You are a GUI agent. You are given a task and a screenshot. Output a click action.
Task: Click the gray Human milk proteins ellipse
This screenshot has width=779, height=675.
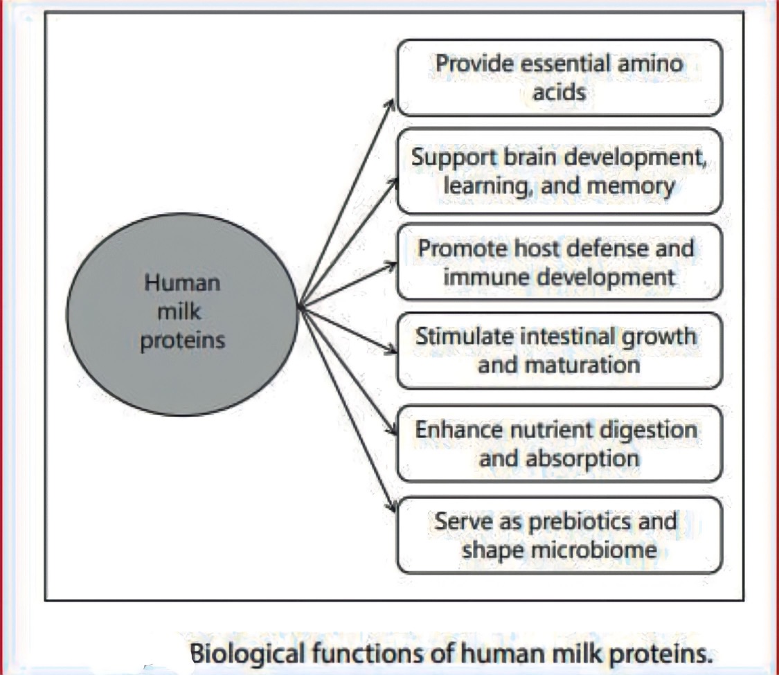[182, 314]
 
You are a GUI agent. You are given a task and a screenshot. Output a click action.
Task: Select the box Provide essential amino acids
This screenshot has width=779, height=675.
[559, 78]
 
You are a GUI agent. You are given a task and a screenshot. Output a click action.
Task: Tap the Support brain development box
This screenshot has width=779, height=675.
[559, 172]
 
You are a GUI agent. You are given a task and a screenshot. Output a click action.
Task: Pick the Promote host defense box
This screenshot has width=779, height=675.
[559, 262]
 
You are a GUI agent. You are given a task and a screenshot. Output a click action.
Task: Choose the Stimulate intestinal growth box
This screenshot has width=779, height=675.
[559, 351]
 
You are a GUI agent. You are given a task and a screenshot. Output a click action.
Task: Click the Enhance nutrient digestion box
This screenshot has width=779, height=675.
[559, 444]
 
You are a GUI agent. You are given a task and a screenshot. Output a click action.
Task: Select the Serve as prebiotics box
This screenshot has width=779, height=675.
[559, 535]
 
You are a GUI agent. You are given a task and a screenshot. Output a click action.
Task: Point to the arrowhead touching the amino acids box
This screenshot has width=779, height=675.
[391, 103]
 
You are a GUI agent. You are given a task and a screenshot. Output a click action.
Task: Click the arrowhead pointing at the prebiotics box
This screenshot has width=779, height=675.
[393, 507]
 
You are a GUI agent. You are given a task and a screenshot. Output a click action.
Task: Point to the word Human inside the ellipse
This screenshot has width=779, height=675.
[182, 283]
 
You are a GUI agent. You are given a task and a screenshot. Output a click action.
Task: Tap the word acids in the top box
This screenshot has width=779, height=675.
[559, 92]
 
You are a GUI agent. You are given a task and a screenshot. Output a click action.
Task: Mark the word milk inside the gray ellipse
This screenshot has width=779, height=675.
[179, 312]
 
